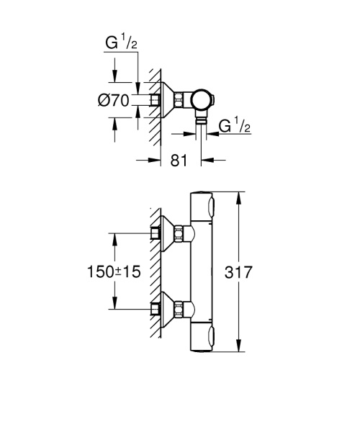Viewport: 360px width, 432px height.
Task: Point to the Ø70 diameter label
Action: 113,101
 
